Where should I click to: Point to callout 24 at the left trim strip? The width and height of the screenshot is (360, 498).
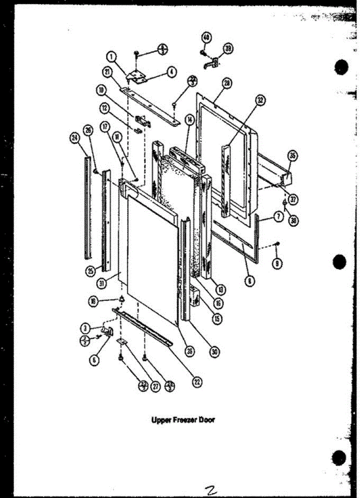click(x=75, y=139)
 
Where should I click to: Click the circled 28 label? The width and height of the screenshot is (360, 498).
click(x=226, y=83)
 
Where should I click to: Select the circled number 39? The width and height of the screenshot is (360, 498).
click(x=228, y=49)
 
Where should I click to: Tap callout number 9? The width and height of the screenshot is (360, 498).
click(x=277, y=262)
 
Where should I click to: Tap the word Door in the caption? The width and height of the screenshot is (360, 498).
click(x=206, y=420)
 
